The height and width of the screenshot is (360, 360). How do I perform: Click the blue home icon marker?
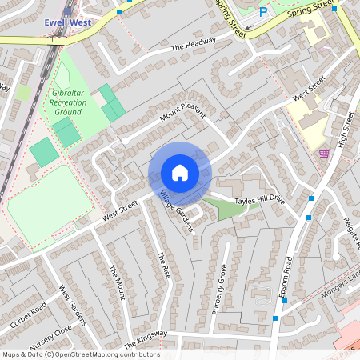[180, 173]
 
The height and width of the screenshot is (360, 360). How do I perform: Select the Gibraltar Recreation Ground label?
[66, 102]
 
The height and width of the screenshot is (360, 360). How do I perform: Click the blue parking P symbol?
[265, 12]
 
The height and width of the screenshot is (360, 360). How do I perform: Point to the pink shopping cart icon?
[324, 153]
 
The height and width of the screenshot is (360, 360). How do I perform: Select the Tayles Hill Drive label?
[259, 199]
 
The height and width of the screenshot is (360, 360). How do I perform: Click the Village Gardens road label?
[176, 212]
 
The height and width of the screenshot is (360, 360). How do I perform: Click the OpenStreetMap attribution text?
[80, 354]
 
